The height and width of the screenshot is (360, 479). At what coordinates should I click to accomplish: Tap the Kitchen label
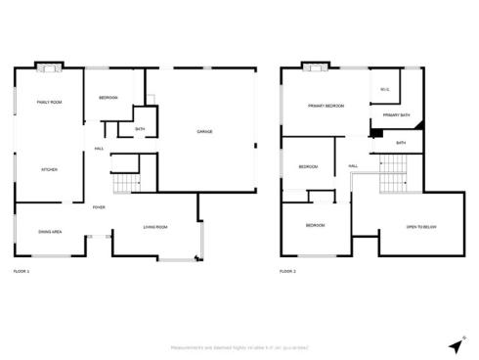49,169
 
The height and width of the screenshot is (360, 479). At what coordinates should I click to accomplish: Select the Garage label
204,131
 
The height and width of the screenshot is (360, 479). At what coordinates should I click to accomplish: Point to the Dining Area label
50,231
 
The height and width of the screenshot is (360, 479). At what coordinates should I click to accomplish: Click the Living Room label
155,227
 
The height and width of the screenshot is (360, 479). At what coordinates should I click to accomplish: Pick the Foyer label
99,207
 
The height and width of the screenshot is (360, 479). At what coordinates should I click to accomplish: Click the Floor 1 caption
22,270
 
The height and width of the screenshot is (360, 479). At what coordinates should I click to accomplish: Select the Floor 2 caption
287,270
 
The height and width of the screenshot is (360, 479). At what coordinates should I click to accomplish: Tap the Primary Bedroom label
326,106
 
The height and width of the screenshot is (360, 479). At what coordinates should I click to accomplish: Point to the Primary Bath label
396,115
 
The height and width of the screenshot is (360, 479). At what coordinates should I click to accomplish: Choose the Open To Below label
420,227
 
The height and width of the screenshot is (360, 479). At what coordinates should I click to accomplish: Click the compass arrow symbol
456,345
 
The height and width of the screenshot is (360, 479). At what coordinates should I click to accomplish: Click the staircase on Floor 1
126,182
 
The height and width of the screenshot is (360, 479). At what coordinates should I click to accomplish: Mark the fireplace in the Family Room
48,67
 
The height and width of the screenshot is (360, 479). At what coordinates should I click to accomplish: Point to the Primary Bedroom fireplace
314,67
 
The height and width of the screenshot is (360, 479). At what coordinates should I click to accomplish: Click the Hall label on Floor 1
100,148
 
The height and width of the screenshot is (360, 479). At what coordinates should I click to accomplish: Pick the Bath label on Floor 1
140,129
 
